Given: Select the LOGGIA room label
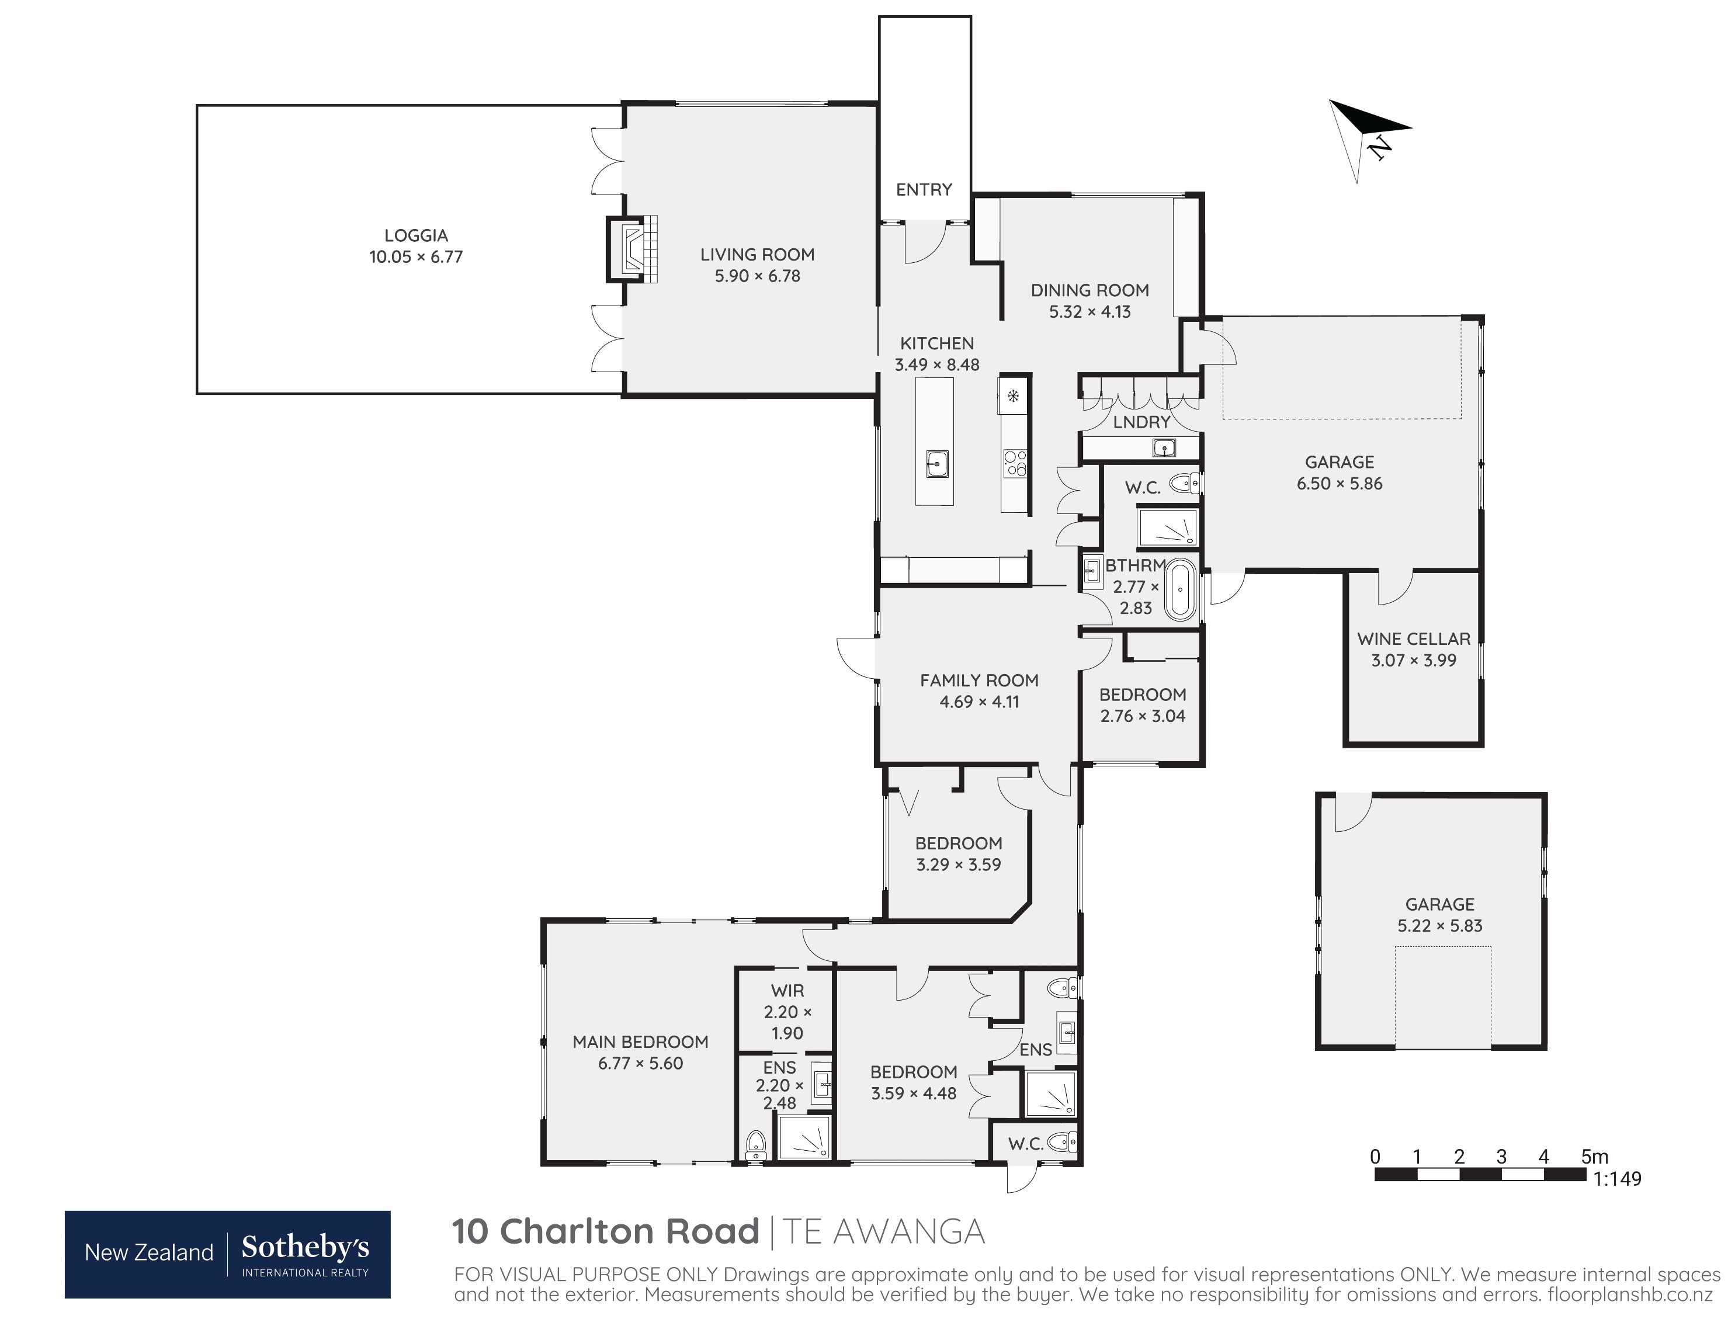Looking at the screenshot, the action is click(416, 235).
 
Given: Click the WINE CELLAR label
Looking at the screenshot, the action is click(1414, 638).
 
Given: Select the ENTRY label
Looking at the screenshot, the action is click(924, 189).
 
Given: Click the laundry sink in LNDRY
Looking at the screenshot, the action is click(1164, 448).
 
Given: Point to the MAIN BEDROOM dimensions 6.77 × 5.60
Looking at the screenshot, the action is click(640, 1063).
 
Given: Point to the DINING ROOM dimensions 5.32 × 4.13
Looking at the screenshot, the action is click(1089, 312).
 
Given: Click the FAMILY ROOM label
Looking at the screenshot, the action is click(979, 681).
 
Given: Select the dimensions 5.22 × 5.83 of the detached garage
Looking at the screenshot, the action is click(1440, 926).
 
